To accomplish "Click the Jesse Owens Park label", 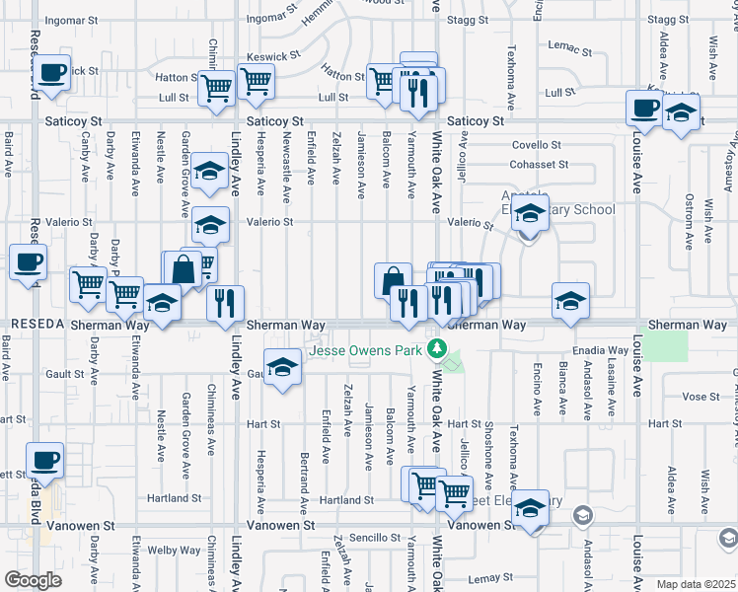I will (x=366, y=350).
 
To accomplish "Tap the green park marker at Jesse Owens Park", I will (x=436, y=350).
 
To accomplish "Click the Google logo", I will (x=33, y=580).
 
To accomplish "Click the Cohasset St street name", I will (x=539, y=165).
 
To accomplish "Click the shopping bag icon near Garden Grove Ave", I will (x=184, y=268).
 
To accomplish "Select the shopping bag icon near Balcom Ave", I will (x=393, y=280).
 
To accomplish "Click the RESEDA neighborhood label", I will (x=37, y=325).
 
